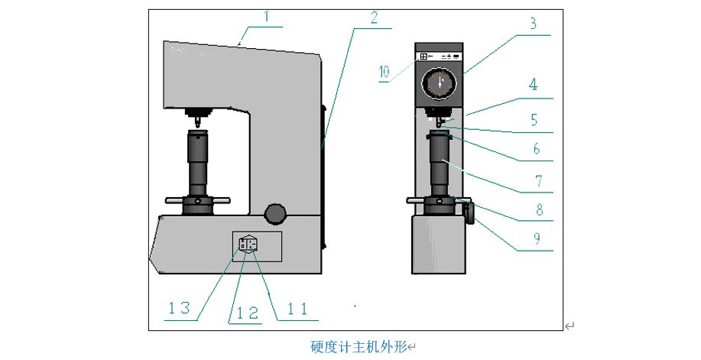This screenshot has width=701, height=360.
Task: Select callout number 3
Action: [x=533, y=24]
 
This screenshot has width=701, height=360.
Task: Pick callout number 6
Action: [x=537, y=149]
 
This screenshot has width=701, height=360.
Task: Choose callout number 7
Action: [x=537, y=182]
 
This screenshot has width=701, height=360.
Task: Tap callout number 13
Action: [x=182, y=309]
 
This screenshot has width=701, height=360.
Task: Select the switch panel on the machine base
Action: [x=248, y=245]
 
